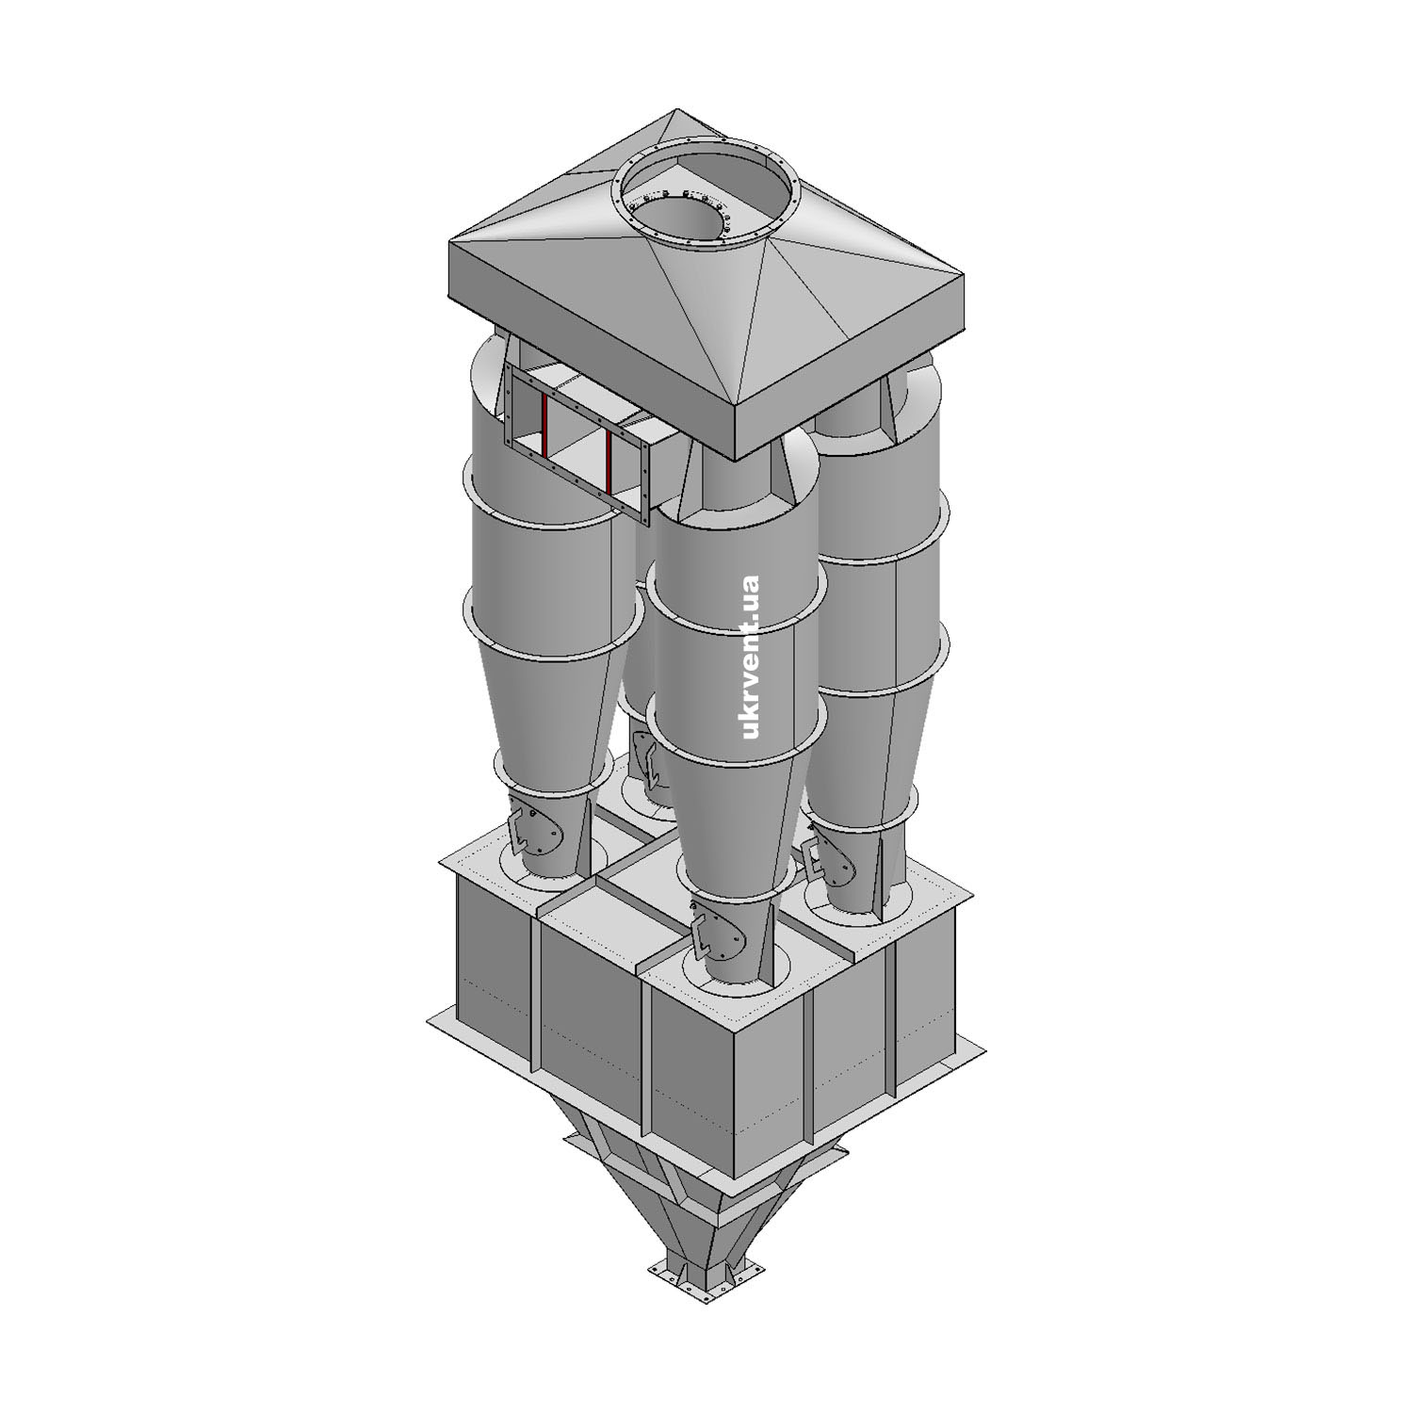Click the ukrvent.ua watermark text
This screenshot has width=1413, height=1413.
coord(751,657)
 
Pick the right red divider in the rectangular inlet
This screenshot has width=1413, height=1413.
coord(609,461)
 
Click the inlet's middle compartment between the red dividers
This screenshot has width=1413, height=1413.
coord(577,442)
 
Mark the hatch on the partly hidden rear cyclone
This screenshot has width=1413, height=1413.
coord(652,761)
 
